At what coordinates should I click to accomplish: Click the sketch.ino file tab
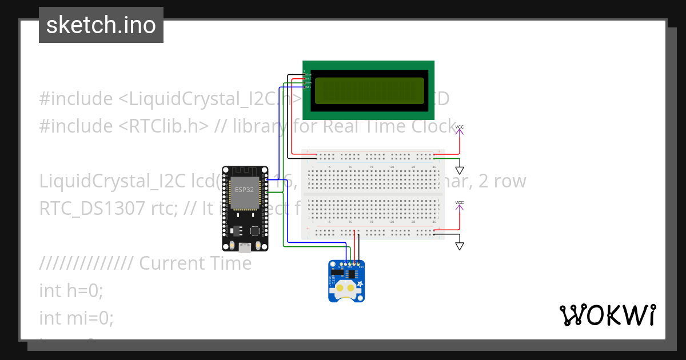pyautogui.click(x=101, y=25)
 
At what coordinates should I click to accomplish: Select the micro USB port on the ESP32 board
pyautogui.click(x=245, y=247)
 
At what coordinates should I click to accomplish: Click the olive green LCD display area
pyautogui.click(x=369, y=90)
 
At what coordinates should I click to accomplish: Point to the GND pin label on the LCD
pyautogui.click(x=309, y=74)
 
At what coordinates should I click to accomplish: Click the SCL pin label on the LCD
pyautogui.click(x=309, y=87)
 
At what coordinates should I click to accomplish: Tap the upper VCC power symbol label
pyautogui.click(x=460, y=126)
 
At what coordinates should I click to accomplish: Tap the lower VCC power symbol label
pyautogui.click(x=460, y=203)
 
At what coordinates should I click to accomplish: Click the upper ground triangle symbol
pyautogui.click(x=460, y=170)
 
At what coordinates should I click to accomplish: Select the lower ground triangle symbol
pyautogui.click(x=460, y=246)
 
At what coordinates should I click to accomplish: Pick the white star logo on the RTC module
pyautogui.click(x=360, y=284)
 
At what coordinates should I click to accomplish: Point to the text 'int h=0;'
pyautogui.click(x=71, y=290)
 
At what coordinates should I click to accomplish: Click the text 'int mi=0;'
pyautogui.click(x=76, y=317)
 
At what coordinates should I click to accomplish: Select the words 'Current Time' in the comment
pyautogui.click(x=195, y=263)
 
